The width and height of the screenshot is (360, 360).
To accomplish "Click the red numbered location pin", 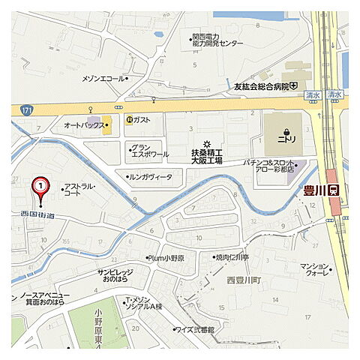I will [x=40, y=186].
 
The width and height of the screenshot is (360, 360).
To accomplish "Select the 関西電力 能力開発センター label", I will [x=217, y=40].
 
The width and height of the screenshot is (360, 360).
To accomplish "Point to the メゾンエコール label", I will [x=103, y=78].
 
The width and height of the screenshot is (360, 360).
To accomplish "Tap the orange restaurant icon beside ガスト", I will [x=128, y=119].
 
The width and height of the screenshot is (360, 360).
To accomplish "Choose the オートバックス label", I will [x=84, y=125].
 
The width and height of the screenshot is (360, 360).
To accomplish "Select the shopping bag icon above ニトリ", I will [x=286, y=130].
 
